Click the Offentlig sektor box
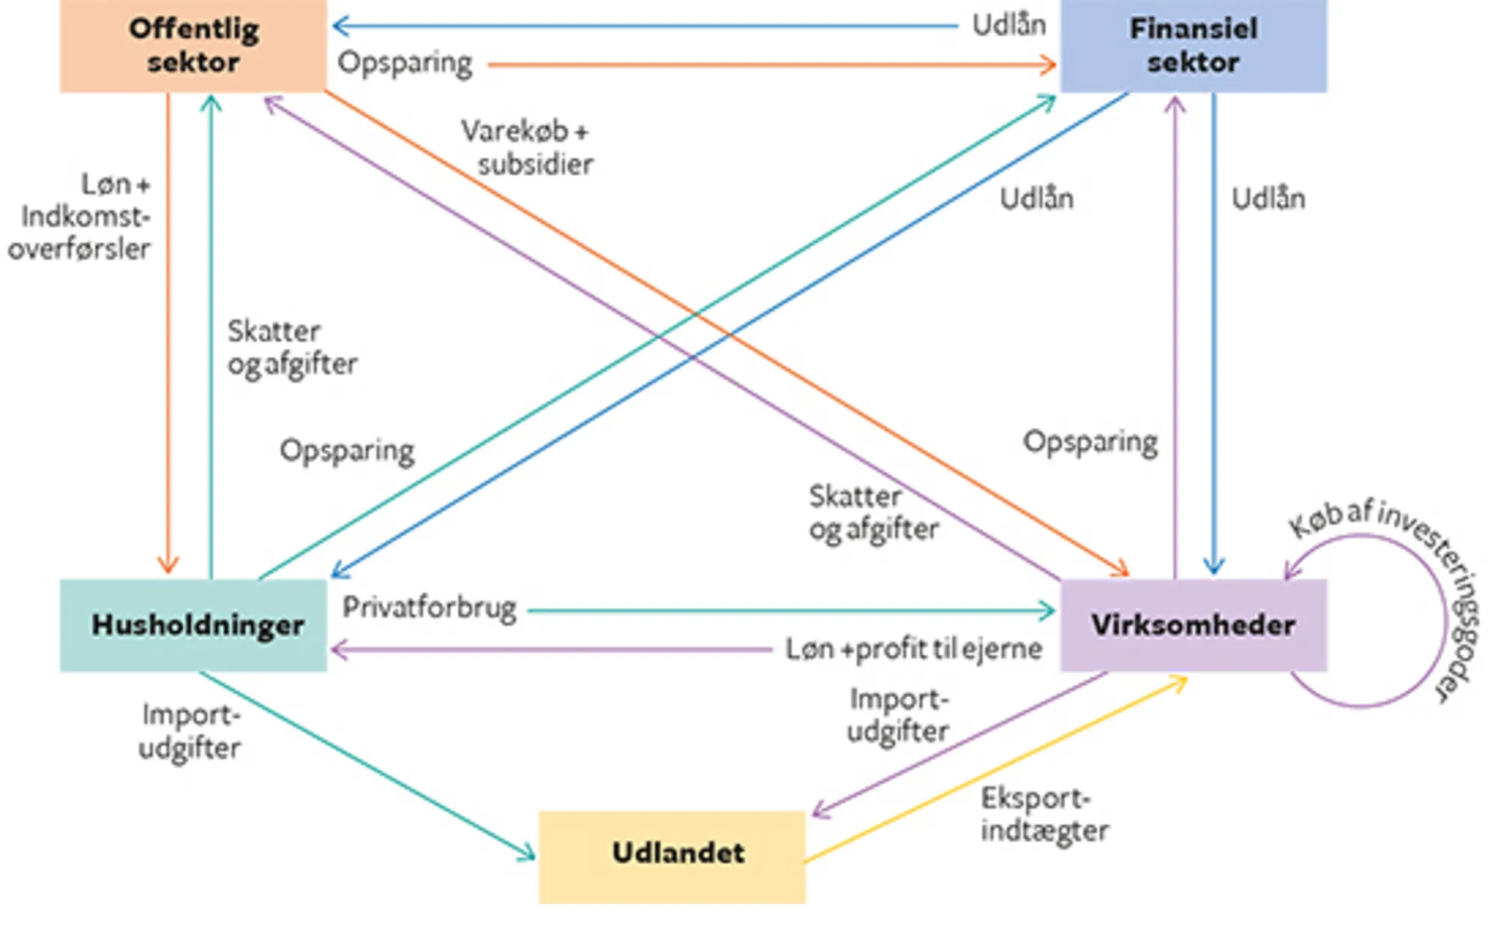click(193, 45)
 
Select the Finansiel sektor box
click(1193, 45)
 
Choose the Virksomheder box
click(1193, 625)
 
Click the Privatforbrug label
click(429, 608)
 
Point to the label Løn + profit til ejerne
click(913, 649)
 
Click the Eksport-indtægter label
click(1043, 815)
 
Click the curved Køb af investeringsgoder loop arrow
click(1444, 623)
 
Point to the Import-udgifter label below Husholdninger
click(190, 731)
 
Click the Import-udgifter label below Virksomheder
click(898, 715)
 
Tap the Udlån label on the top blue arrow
click(1008, 26)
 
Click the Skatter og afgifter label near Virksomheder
click(873, 513)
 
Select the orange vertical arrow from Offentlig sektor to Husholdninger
click(168, 330)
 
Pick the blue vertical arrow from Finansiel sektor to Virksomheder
click(1214, 330)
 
